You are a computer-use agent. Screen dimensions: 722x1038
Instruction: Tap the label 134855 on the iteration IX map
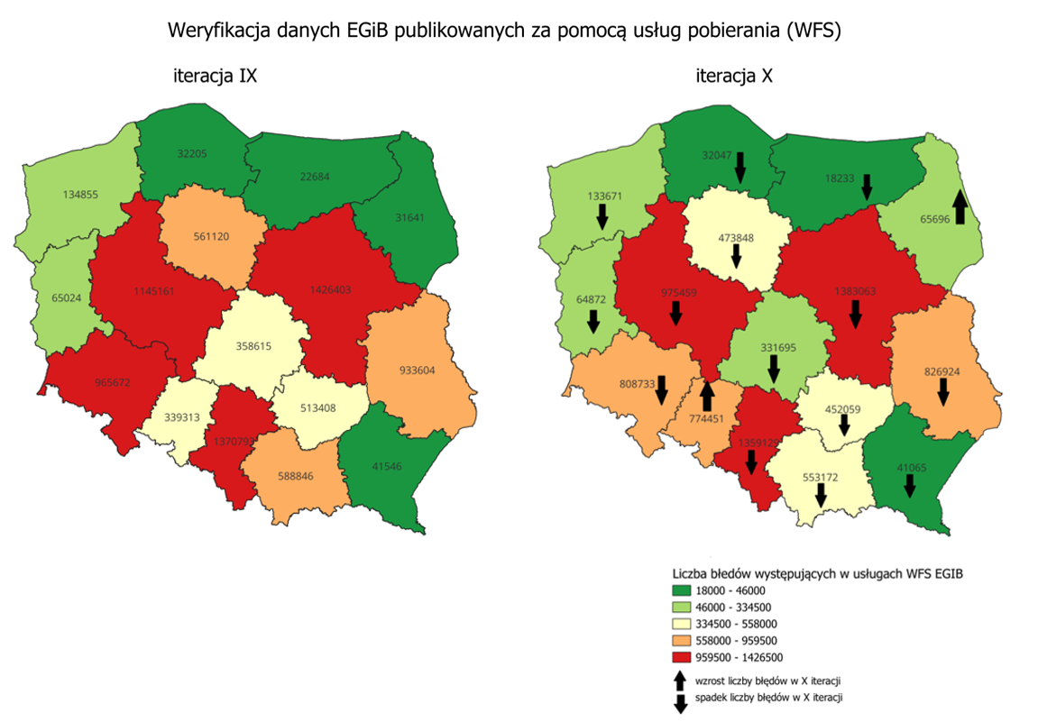(80, 195)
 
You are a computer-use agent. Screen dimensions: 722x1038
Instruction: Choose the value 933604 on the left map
(418, 370)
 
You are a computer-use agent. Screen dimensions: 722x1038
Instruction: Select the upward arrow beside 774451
(707, 395)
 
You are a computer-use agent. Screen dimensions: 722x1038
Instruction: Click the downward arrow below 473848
(736, 257)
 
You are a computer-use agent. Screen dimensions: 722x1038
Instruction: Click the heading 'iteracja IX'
(216, 77)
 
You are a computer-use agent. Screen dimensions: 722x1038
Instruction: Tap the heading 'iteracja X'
(733, 77)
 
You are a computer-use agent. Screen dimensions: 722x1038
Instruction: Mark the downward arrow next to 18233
(867, 187)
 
